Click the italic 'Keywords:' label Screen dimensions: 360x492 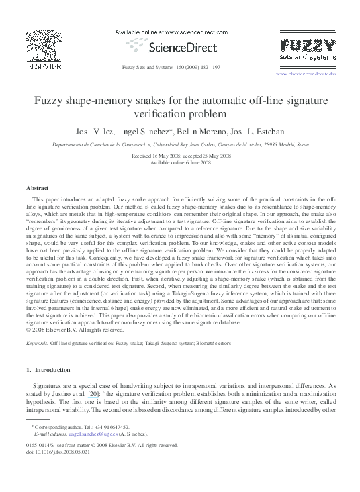click(37, 344)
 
